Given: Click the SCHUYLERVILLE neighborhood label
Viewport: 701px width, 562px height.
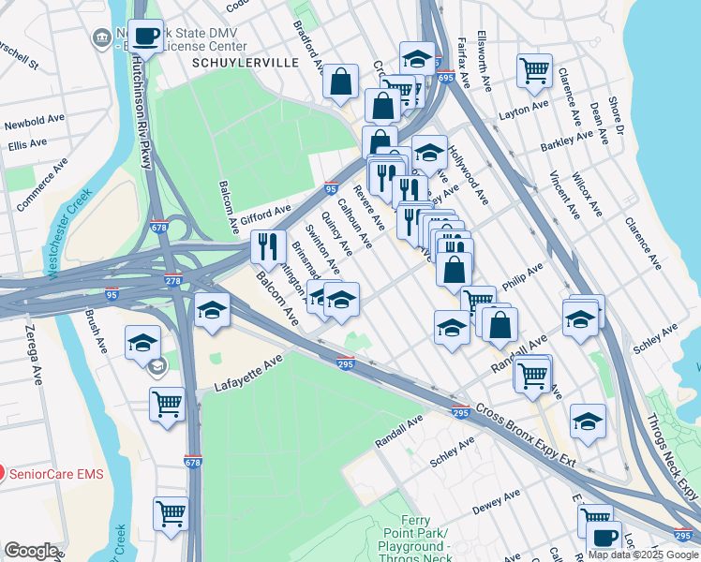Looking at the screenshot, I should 245,62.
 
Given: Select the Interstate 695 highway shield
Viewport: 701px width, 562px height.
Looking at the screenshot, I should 445,79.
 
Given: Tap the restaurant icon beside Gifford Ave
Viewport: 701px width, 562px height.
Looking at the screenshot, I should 268,247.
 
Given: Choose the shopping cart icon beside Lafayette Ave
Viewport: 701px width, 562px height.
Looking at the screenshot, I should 167,405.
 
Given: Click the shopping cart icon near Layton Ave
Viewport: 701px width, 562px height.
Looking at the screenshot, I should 534,70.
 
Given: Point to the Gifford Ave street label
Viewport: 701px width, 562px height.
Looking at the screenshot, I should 266,214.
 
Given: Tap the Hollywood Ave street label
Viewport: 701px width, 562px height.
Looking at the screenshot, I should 468,174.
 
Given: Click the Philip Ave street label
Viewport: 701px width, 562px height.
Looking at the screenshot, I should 522,275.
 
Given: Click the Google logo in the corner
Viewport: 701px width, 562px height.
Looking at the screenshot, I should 31,550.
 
